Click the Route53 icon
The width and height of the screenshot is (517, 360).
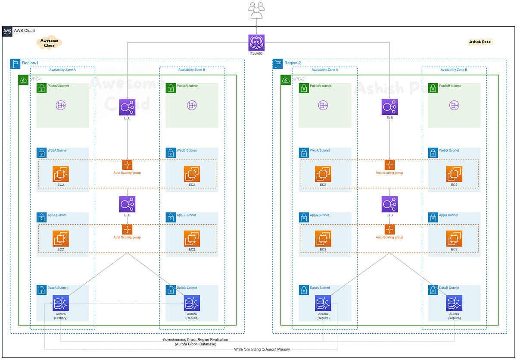(256, 43)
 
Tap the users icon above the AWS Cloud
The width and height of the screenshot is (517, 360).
(256, 10)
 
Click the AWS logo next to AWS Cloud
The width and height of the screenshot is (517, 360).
(7, 31)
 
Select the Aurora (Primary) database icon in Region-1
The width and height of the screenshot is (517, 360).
(61, 303)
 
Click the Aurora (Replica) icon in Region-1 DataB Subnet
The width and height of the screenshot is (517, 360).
(192, 303)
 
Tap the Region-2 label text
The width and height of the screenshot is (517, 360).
(293, 63)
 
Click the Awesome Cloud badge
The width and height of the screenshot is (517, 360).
(49, 43)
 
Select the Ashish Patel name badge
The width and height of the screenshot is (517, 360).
(480, 42)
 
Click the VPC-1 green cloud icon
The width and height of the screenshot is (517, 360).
(23, 80)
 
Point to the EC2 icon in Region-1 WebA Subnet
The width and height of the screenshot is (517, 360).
(61, 174)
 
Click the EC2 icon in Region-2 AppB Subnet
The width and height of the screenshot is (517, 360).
(454, 238)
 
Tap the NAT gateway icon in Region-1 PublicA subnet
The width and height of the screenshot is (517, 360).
(61, 105)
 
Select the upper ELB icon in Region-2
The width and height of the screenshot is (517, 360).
(389, 107)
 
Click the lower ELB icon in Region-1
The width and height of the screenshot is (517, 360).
(127, 204)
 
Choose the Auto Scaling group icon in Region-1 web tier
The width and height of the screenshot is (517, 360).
(127, 165)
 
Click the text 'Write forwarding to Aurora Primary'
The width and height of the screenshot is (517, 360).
(262, 349)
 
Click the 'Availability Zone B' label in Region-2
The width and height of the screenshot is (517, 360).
(454, 69)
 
